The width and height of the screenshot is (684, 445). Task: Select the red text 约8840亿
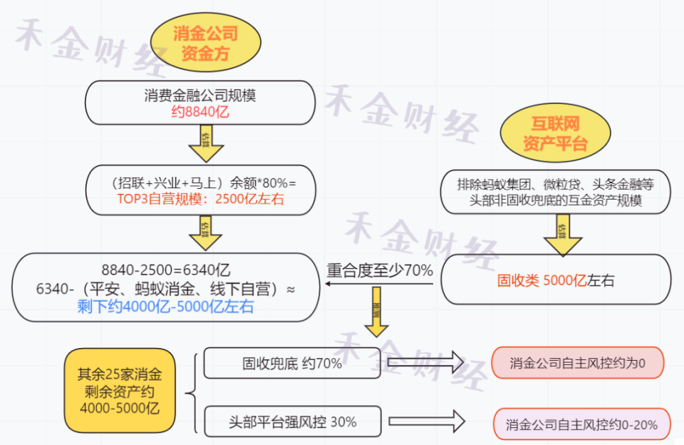coord(200,111)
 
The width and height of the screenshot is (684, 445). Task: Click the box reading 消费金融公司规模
coord(200,96)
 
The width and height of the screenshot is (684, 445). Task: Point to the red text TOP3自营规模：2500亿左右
coord(201,200)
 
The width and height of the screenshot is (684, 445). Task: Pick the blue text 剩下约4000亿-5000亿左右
coord(165,307)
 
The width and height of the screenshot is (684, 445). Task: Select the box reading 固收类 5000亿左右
coord(555,280)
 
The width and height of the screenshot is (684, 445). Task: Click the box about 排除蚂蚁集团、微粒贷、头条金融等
coord(555,192)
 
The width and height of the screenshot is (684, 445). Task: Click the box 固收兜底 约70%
coord(292,363)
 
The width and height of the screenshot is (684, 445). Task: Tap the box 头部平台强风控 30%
coord(292,421)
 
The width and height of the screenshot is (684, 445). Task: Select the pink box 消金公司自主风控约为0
coord(577,363)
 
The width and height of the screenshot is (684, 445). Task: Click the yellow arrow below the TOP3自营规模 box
coord(206,233)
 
